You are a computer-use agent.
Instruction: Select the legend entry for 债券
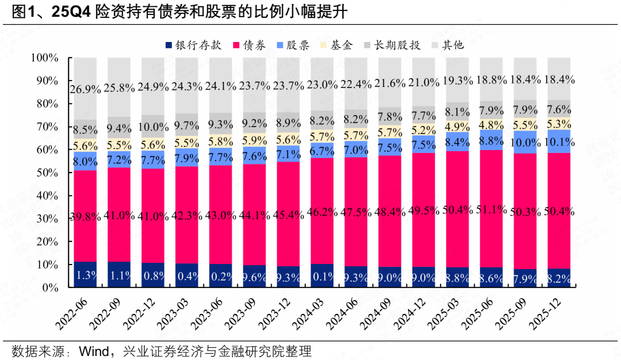point(248,45)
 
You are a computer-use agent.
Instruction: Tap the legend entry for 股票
point(293,45)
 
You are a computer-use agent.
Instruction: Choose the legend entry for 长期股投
point(391,45)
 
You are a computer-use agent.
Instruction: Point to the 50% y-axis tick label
point(47,173)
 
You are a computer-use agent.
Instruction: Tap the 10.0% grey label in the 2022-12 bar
point(153,127)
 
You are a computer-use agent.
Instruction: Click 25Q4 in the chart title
point(68,12)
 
